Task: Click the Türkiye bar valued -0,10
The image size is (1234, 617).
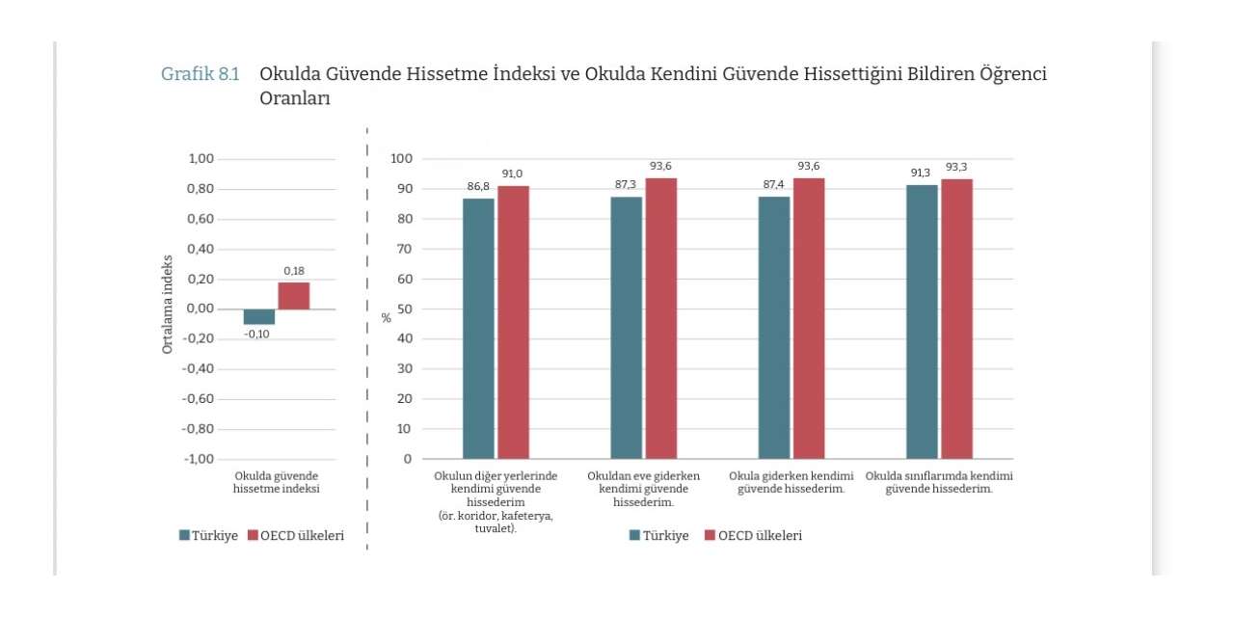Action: (x=259, y=317)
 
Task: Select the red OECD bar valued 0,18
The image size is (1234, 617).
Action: (x=294, y=296)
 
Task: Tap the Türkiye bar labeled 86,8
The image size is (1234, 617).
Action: (x=478, y=329)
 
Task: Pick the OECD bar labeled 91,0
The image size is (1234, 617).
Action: (x=514, y=322)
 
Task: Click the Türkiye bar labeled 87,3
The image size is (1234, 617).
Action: (x=627, y=328)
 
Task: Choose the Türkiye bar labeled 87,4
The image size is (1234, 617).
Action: (x=774, y=328)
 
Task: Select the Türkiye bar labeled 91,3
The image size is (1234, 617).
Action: (x=922, y=322)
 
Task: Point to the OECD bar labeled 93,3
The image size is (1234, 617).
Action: (x=957, y=319)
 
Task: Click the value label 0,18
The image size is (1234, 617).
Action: (x=294, y=271)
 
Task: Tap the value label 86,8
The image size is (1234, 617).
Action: (x=478, y=186)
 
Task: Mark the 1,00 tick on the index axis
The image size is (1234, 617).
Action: (x=201, y=159)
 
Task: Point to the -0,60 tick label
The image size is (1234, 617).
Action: (x=198, y=398)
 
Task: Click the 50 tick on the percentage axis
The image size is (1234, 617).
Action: (x=404, y=309)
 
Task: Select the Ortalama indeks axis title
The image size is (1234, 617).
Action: (x=167, y=304)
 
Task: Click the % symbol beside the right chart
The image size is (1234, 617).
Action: (x=387, y=318)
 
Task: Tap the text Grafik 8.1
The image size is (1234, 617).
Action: (x=200, y=74)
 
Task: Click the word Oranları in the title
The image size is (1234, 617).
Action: (x=295, y=98)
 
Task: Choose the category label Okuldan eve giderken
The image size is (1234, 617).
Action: (x=643, y=476)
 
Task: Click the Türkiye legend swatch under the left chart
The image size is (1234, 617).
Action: (x=184, y=535)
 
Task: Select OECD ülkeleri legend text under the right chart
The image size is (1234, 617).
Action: (x=761, y=535)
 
